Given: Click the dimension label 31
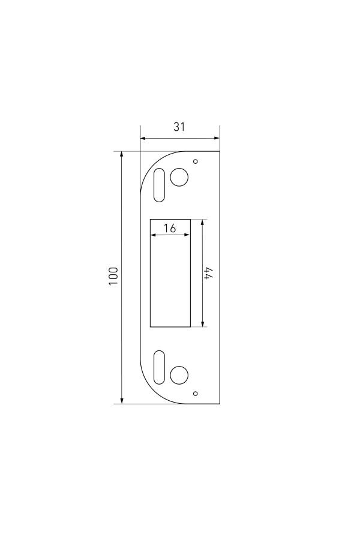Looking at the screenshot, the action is click(179, 127).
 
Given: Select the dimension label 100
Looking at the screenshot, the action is click(113, 276).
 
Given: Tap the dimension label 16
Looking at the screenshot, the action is click(170, 228).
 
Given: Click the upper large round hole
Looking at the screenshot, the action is click(179, 177).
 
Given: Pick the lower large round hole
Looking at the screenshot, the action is click(179, 374).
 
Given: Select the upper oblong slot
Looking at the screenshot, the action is click(159, 185).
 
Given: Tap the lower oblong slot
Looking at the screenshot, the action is click(159, 367).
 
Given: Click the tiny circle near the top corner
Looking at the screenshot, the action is click(196, 161).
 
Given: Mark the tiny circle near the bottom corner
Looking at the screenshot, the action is click(196, 393).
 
